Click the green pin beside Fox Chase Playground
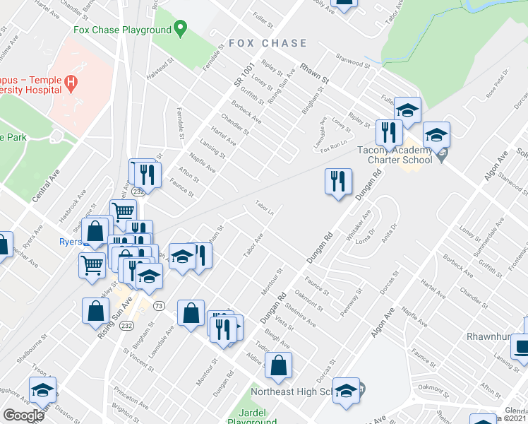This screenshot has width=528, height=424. click(180, 30)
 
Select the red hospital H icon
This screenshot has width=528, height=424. click(70, 83)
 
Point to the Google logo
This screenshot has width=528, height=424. click(23, 416)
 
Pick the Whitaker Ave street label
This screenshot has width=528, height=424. click(359, 227)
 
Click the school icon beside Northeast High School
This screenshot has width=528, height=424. click(346, 391)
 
